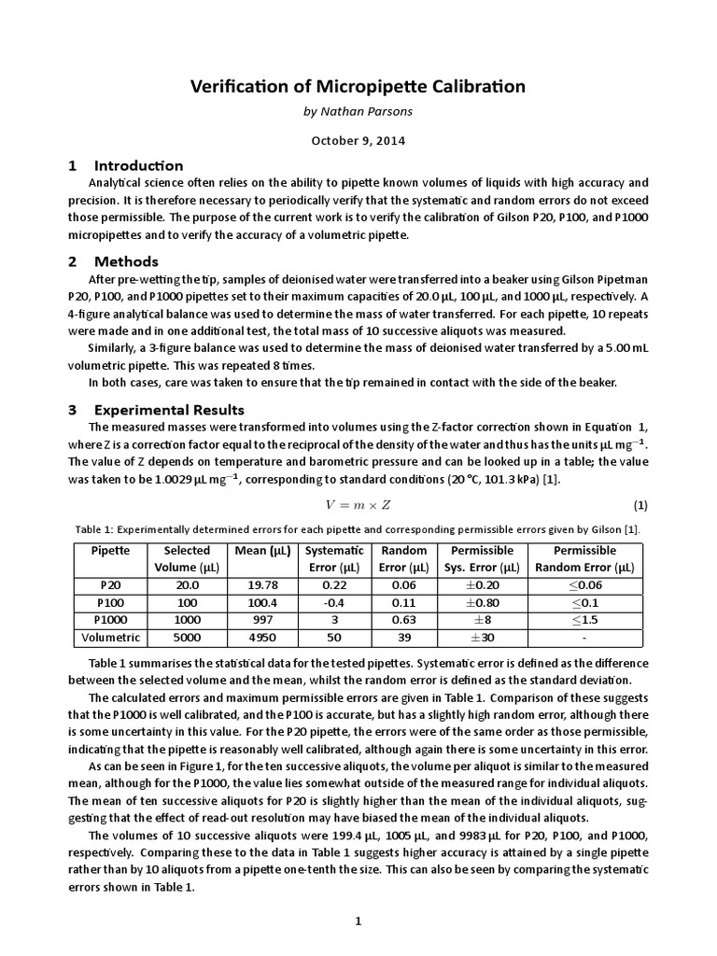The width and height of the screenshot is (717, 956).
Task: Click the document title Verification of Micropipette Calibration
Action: coord(358,87)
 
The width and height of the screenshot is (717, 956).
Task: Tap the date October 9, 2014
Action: coord(358,141)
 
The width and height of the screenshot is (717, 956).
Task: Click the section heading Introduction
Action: coord(138,165)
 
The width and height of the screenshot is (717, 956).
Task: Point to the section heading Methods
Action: coord(126,261)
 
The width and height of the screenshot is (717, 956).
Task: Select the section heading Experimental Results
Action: coord(169,410)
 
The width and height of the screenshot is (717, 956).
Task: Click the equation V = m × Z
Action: coord(358,505)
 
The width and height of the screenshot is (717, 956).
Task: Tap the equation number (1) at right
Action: coord(640,505)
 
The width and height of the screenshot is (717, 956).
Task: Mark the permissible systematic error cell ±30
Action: coord(481,638)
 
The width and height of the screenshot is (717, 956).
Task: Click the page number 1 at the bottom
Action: coord(358,921)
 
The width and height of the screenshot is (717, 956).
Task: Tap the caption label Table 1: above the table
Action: coord(99,529)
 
